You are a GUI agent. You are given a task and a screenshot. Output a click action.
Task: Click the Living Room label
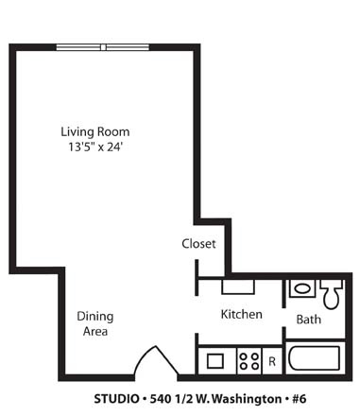tap(95, 132)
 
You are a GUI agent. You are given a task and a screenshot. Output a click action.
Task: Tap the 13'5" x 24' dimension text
tap(95, 147)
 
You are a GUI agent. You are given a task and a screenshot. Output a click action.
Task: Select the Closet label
tap(198, 244)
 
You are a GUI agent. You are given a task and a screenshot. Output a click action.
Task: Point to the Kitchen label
tap(242, 314)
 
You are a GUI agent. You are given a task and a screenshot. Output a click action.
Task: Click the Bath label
tap(309, 320)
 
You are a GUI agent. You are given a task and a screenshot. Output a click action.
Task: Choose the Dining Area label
tap(95, 323)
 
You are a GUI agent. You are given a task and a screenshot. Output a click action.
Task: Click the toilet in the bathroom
tap(331, 294)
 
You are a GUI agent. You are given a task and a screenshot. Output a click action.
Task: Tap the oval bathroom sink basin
tap(302, 288)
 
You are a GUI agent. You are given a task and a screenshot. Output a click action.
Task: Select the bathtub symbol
tap(315, 358)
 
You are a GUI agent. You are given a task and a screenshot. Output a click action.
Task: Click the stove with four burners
tap(249, 361)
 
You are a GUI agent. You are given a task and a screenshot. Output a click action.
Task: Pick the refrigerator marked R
tap(272, 361)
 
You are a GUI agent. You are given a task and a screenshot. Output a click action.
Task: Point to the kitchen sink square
tap(215, 361)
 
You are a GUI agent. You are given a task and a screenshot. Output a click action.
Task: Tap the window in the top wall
tap(103, 47)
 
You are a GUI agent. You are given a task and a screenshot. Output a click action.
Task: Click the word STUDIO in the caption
tap(116, 399)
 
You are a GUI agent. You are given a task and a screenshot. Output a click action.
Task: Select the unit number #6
tap(299, 399)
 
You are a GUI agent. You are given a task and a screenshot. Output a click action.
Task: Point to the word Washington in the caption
tap(247, 399)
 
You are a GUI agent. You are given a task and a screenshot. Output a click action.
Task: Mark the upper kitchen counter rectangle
tap(238, 286)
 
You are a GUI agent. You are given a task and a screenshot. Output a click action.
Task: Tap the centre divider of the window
tap(103, 47)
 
